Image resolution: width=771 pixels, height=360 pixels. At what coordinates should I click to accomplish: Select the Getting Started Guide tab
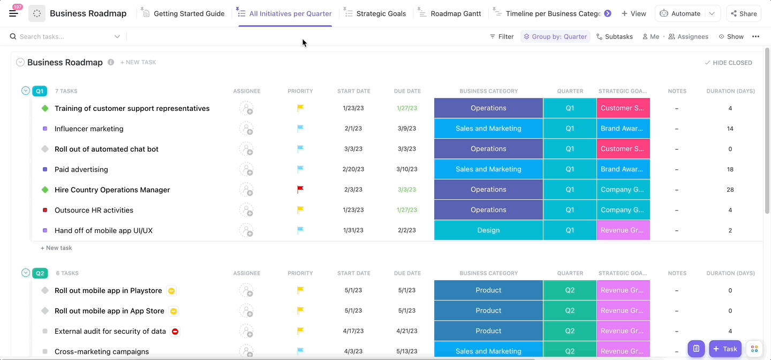(x=184, y=14)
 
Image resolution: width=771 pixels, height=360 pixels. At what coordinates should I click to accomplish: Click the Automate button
(x=680, y=14)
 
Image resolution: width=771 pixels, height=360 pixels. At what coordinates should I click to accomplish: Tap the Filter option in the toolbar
(x=502, y=36)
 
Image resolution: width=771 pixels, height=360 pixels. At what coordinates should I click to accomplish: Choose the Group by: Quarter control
(x=555, y=36)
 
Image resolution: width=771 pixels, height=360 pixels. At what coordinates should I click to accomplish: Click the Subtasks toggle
(x=615, y=36)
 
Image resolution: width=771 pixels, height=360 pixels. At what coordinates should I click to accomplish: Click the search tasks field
(x=65, y=36)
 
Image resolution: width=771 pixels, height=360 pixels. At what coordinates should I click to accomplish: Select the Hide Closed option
(x=728, y=63)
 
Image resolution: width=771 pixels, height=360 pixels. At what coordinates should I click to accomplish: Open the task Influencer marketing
(x=89, y=129)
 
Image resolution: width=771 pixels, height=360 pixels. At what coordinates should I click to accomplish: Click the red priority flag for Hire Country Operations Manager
(x=300, y=189)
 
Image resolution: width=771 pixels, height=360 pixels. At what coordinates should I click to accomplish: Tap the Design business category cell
(x=488, y=230)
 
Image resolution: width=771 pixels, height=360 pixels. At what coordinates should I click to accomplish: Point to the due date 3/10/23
(x=407, y=169)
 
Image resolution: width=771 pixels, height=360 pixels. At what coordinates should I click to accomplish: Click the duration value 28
(x=730, y=190)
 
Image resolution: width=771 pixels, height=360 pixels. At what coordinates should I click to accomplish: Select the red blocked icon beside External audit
(x=175, y=332)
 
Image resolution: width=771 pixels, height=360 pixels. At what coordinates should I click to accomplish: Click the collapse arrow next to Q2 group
(x=26, y=273)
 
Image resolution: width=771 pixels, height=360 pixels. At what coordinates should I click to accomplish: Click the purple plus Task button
(x=725, y=349)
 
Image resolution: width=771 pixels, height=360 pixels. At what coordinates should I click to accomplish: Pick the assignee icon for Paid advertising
(x=246, y=169)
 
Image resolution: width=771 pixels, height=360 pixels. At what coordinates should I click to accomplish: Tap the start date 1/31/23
(x=353, y=230)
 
